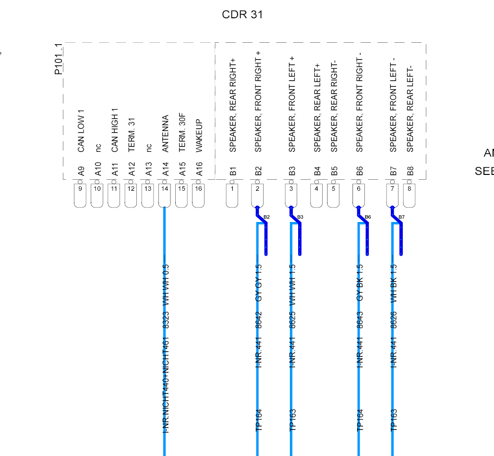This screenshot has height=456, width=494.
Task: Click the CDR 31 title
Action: click(x=242, y=14)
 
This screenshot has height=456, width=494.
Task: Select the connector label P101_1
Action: click(x=59, y=59)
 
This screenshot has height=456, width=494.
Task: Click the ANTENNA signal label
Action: click(x=166, y=134)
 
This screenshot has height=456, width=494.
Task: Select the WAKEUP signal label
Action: click(x=199, y=136)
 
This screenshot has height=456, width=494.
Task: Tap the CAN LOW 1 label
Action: click(x=81, y=131)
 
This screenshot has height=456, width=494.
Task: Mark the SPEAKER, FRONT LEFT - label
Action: click(x=393, y=105)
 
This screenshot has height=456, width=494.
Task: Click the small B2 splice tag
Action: click(x=266, y=217)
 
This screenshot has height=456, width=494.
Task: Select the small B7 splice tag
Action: click(x=401, y=217)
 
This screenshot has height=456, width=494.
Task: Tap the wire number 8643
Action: click(x=360, y=320)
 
